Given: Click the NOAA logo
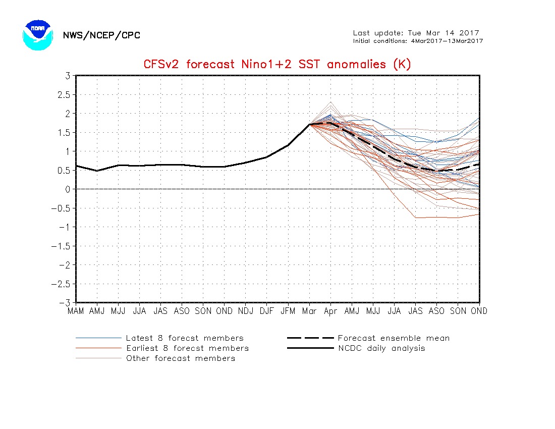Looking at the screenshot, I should (37, 35).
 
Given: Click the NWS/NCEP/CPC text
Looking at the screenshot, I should (101, 35).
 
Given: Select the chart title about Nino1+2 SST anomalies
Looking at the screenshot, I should (277, 64).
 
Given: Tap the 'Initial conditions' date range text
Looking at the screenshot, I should (418, 41).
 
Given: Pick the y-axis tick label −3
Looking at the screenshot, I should (65, 302).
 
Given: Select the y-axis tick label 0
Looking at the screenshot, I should (67, 189).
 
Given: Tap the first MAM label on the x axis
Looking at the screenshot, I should (76, 311).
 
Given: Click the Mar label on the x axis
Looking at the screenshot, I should (309, 311).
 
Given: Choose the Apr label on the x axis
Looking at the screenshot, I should (330, 311).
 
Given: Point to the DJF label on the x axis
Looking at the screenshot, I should (267, 311).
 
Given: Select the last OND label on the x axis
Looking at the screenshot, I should (479, 311).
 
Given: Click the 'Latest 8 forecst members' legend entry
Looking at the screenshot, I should (185, 338).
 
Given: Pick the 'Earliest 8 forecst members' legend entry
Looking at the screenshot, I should (187, 348).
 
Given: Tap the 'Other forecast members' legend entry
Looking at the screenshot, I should (181, 358).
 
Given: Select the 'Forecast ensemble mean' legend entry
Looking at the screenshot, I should (394, 338).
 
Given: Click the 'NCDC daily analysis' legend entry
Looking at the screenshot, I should (381, 348).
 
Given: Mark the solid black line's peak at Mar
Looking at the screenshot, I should (309, 124).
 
